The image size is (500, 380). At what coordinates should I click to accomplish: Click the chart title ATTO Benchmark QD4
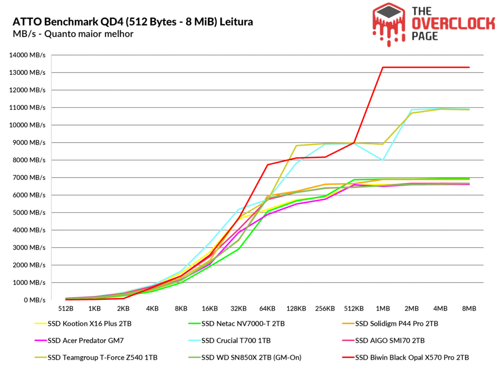pos(132,22)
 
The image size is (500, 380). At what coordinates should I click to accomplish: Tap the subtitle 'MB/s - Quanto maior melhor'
pos(73,34)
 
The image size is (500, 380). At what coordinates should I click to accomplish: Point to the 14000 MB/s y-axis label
pos(27,55)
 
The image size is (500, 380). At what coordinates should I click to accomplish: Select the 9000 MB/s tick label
pos(29,143)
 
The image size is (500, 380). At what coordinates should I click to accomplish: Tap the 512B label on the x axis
pos(65,309)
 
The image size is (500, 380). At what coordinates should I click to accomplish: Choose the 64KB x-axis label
pos(268,309)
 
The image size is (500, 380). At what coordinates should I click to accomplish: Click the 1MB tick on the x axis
pos(383,309)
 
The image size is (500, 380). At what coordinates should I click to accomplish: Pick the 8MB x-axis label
pos(469,309)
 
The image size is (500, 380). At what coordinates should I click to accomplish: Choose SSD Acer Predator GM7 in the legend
pos(79,340)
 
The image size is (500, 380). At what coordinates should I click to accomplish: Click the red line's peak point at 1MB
pos(383,67)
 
